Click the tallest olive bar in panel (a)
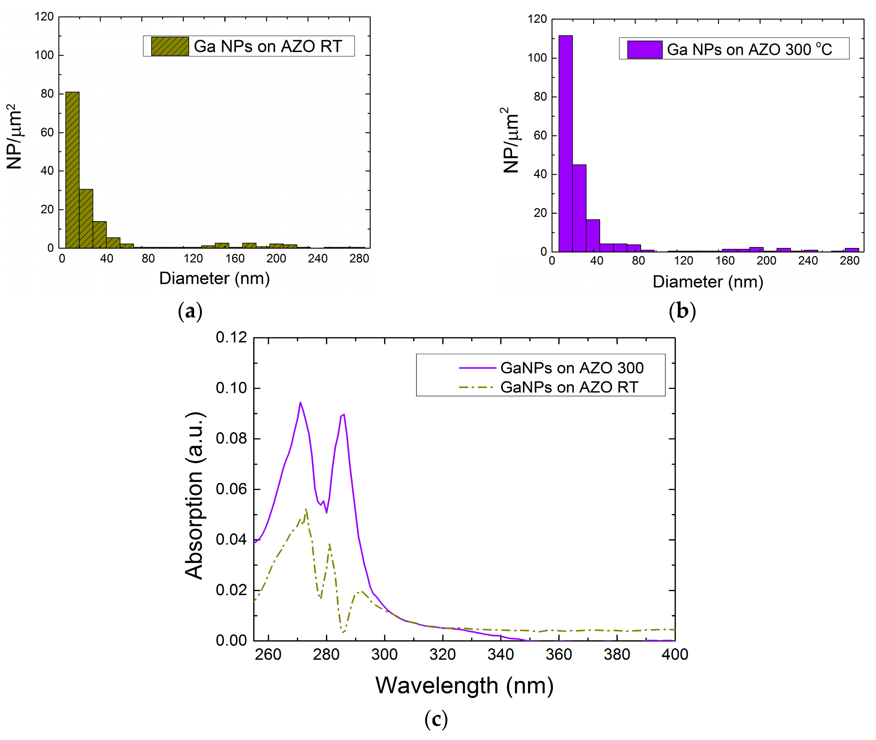click(72, 170)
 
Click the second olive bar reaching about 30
click(86, 218)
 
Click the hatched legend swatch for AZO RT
click(170, 46)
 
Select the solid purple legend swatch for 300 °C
click(644, 49)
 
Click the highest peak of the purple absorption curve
click(300, 403)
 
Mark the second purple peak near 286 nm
click(343, 415)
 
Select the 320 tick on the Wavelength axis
click(442, 654)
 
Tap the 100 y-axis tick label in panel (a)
click(44, 55)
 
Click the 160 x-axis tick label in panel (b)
click(725, 261)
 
